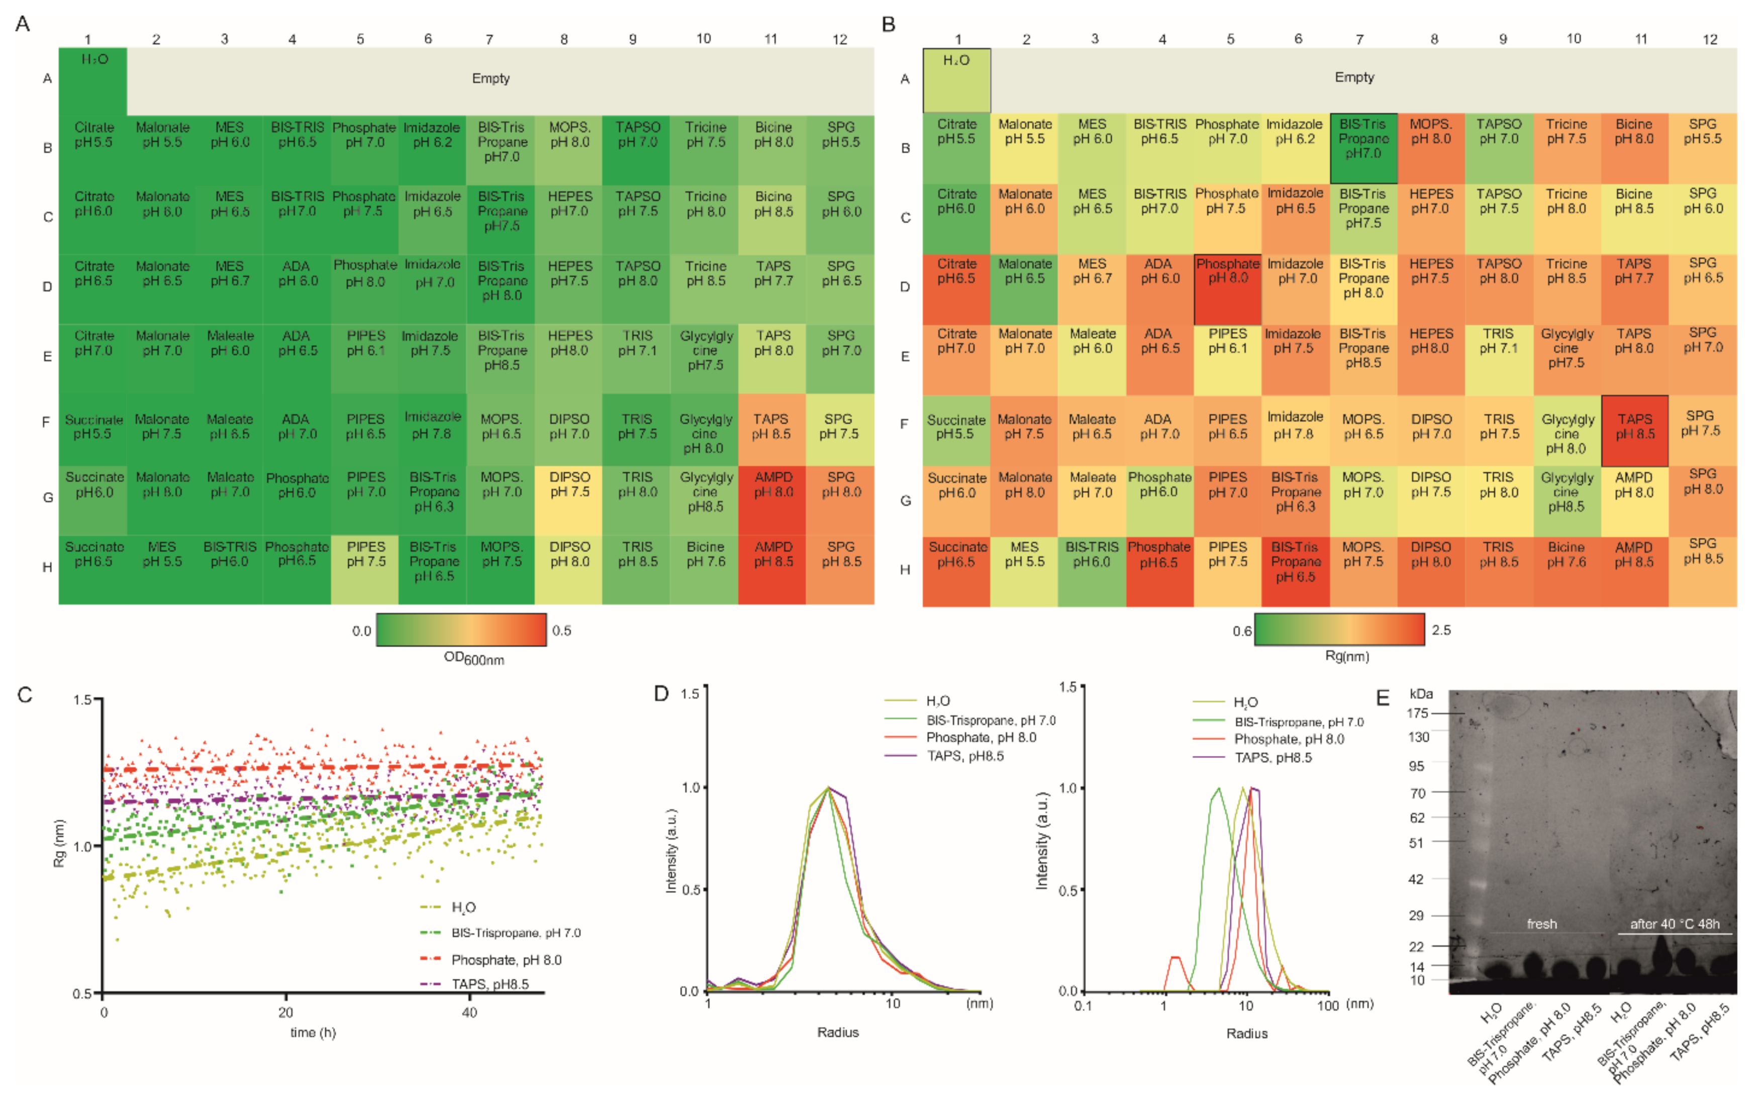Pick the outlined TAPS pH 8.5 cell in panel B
(1634, 431)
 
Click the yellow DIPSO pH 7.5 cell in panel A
(569, 499)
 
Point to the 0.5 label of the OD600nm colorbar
(561, 630)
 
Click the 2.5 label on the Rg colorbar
(1441, 630)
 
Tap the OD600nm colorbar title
(474, 658)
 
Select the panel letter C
(25, 695)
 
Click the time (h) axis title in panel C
(313, 1033)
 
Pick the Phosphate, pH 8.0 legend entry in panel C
(506, 959)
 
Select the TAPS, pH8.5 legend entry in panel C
(490, 984)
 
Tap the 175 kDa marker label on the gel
(1417, 714)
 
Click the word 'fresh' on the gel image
(1541, 924)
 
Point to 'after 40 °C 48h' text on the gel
(1675, 924)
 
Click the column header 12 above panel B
(1710, 39)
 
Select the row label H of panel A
(47, 567)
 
